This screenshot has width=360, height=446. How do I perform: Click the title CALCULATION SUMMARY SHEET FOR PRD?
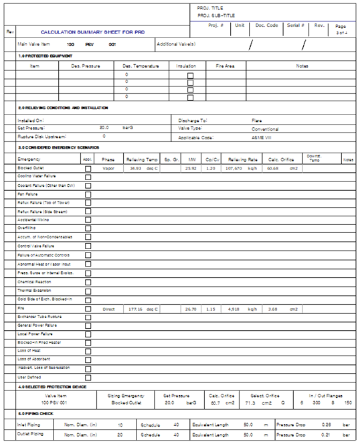92,32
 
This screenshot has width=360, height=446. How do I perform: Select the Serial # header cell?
296,25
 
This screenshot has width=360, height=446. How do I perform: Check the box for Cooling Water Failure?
88,177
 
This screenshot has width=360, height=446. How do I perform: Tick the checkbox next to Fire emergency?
88,309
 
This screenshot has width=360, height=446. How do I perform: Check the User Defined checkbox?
88,378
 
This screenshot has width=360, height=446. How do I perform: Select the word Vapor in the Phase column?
108,168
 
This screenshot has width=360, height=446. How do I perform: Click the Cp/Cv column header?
213,159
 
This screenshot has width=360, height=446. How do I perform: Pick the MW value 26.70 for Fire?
191,309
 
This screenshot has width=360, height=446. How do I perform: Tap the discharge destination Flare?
257,121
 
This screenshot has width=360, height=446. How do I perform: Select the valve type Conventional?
265,129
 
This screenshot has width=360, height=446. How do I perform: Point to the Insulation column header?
186,66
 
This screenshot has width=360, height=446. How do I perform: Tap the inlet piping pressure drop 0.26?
326,424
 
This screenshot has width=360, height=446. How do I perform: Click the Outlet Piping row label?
30,435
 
